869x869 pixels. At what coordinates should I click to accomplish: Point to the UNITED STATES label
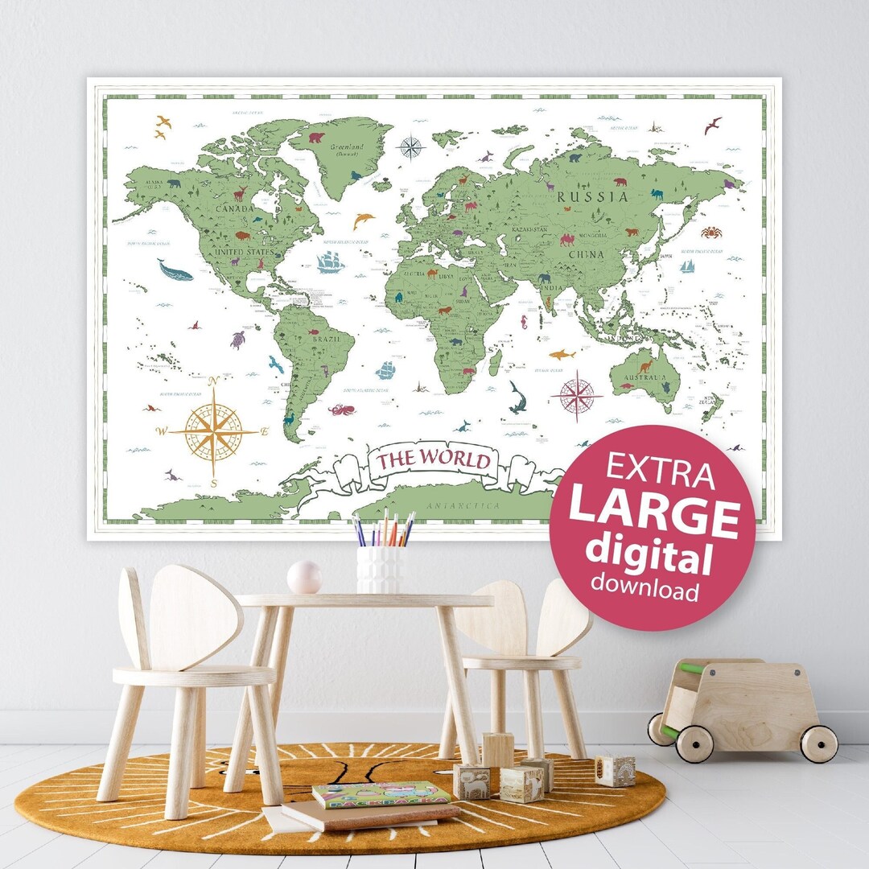(x=243, y=253)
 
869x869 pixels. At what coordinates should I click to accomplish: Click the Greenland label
(x=347, y=147)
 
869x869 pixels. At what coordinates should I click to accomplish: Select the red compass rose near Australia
(x=577, y=396)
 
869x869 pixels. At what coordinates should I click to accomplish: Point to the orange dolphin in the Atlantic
(x=363, y=219)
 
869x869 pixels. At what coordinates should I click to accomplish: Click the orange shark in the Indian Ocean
(x=562, y=354)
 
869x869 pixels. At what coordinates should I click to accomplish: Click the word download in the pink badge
(x=645, y=591)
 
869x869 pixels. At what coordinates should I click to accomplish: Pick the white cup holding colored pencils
(x=381, y=567)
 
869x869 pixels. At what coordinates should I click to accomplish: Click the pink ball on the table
(x=305, y=577)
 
